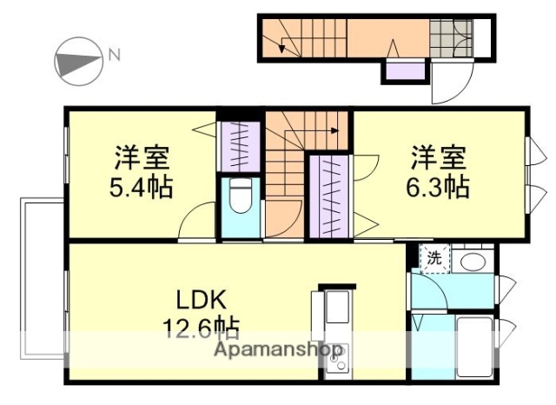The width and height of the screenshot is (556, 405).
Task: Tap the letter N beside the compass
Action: tap(114, 56)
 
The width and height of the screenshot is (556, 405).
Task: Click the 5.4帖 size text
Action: tap(142, 187)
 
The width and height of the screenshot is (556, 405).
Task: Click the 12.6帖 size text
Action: tap(201, 329)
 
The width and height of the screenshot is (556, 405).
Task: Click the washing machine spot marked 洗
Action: tap(434, 257)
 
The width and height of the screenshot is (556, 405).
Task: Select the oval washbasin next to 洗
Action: tap(473, 260)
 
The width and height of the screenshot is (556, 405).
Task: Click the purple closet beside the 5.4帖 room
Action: tap(237, 145)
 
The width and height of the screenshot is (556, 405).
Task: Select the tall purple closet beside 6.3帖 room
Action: tap(331, 196)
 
